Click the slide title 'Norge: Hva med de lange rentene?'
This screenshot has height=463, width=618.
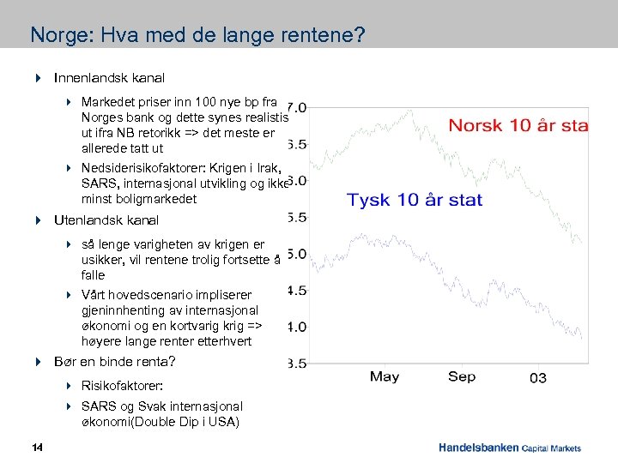[x=197, y=35]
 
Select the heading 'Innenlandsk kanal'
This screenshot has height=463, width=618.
[x=109, y=78]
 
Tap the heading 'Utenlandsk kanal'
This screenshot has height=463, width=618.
[x=106, y=220]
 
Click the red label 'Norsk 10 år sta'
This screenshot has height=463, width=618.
[x=518, y=125]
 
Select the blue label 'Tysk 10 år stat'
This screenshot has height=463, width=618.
[x=414, y=200]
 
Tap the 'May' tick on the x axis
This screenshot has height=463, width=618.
[x=385, y=376]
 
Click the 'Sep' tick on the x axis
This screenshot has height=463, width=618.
[x=461, y=376]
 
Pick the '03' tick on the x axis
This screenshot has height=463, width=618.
[x=537, y=377]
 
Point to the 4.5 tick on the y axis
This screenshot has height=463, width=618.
[x=296, y=291]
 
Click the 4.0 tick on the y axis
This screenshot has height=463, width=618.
[x=296, y=327]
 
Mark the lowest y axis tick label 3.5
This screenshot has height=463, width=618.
[x=296, y=364]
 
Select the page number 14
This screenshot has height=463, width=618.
[x=37, y=447]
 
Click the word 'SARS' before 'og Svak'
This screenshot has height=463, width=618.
[x=97, y=406]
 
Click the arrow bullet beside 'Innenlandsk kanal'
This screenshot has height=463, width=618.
[x=38, y=78]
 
